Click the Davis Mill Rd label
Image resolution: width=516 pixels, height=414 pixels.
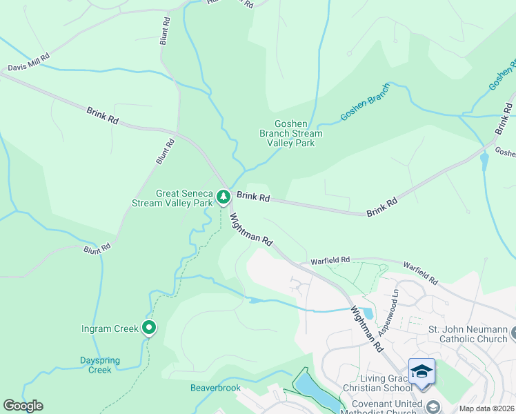pos(29,63)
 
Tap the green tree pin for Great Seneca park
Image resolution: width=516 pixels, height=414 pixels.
pos(224,197)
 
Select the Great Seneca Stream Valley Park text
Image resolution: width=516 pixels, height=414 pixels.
pos(174,199)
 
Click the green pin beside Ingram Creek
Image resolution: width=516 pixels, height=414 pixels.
pos(148,328)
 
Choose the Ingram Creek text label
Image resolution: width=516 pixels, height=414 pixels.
pos(110,328)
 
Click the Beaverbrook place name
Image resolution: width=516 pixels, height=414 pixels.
pos(216,388)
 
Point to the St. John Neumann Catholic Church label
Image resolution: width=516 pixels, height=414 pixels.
pos(468,334)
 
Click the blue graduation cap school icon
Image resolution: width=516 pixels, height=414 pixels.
pos(421,371)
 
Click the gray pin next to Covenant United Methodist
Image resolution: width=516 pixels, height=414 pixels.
pos(433,406)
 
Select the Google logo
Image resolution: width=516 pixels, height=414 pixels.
pos(23,406)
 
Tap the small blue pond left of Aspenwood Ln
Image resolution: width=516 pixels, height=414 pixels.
pos(366,314)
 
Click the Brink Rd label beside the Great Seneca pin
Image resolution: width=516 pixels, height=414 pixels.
pos(252,197)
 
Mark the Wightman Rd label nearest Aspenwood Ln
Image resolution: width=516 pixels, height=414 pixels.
pos(366,331)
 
